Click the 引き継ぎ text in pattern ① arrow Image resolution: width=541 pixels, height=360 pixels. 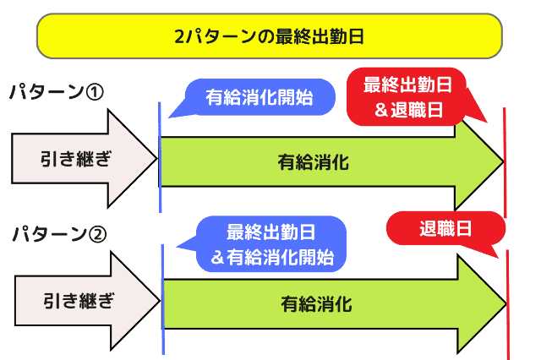coord(75,158)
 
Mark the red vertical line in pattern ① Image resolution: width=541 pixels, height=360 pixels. coord(505,161)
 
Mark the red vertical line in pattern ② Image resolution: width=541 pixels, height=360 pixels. coord(508,304)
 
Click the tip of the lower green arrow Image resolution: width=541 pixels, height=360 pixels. coord(503,303)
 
